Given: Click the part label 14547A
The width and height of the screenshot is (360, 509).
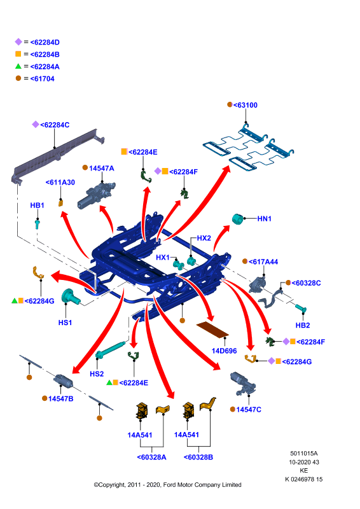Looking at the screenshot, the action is pos(102,168).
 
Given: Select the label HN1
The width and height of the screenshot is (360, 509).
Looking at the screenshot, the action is pos(264,219).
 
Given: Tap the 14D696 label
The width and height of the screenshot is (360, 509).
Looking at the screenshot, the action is pos(225,351).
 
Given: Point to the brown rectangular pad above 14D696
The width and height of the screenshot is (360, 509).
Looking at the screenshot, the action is pos(212,330).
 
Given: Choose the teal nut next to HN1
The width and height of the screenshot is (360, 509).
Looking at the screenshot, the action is pos(238,219).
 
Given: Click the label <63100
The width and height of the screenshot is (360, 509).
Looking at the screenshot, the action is pos(246,105).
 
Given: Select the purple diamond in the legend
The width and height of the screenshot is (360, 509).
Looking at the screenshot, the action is pos(18,42).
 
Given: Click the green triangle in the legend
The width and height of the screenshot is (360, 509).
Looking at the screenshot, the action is pos(18,66).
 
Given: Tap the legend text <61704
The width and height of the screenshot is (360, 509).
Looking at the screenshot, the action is pos(42,79).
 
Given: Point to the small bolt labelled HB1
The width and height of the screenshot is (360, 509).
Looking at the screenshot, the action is pos(38,224).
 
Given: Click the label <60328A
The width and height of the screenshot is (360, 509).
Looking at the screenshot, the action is pos(151,457).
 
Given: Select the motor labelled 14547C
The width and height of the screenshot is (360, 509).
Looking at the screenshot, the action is pos(243,384).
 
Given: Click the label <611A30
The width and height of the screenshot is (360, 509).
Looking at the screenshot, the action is pos(60,183).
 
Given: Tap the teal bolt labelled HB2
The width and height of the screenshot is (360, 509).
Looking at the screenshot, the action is pos(301,309).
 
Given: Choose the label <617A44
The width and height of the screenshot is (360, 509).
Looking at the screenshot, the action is pos(263,261).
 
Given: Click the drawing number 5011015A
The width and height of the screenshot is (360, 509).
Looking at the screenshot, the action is pos(304,453).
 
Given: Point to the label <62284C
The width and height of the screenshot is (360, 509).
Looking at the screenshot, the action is pos(55,125).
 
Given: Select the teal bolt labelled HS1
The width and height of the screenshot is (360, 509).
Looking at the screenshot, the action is pos(71,296).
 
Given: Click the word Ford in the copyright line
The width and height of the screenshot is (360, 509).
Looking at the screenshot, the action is pos(170,485).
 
